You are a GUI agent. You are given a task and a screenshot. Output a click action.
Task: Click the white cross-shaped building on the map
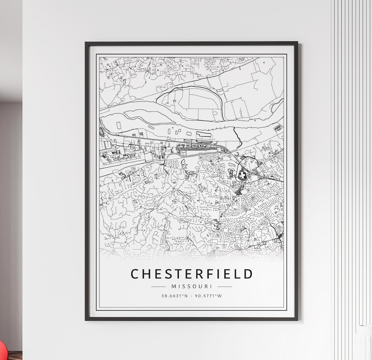click(x=242, y=176)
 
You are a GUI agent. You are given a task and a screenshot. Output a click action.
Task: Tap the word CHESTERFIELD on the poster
click(x=192, y=274)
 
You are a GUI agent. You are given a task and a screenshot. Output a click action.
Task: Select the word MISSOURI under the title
click(x=192, y=286)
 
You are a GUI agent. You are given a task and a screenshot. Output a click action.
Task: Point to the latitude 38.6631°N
click(x=175, y=296)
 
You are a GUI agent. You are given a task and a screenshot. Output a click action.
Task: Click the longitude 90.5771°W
click(x=208, y=296)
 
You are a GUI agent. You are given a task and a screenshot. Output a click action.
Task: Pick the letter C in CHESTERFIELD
click(x=135, y=274)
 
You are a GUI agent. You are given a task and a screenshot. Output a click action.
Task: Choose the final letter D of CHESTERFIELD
click(x=248, y=274)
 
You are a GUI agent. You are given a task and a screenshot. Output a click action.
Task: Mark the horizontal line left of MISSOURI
click(x=158, y=286)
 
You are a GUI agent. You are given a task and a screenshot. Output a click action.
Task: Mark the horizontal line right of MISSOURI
click(x=225, y=286)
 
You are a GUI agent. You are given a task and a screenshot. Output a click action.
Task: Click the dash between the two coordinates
click(x=192, y=296)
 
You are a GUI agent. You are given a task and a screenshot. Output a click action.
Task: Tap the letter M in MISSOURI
click(x=174, y=286)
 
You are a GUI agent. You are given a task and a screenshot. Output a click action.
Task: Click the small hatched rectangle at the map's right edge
click(x=278, y=128)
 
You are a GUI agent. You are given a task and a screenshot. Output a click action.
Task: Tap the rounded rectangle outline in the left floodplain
click(x=119, y=126)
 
